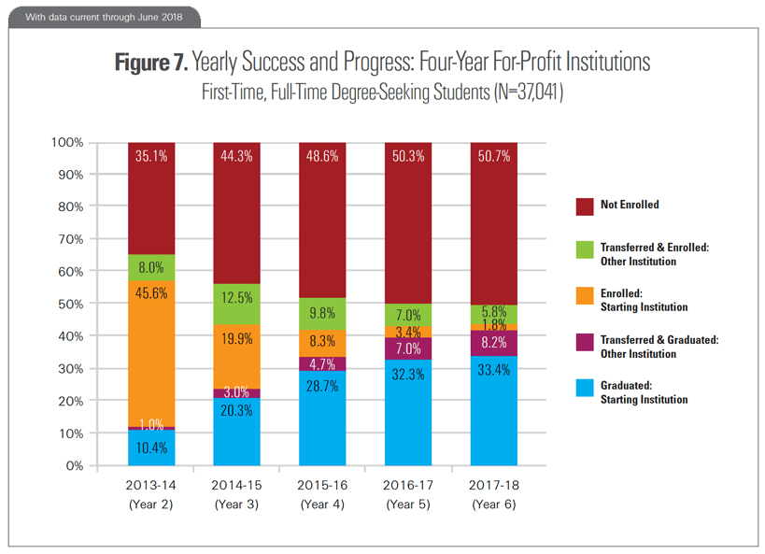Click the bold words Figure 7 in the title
click(150, 64)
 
